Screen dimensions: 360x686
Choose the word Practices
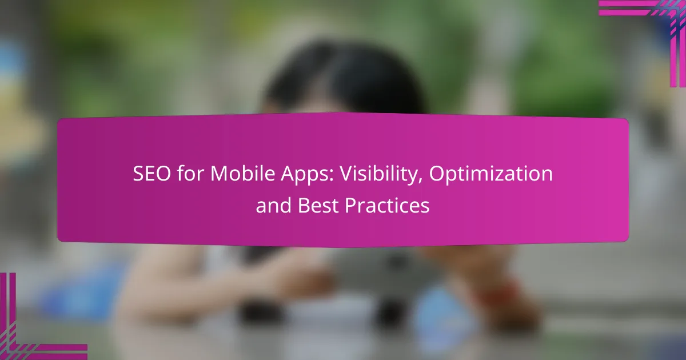(x=387, y=206)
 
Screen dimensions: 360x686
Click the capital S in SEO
(x=139, y=174)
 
